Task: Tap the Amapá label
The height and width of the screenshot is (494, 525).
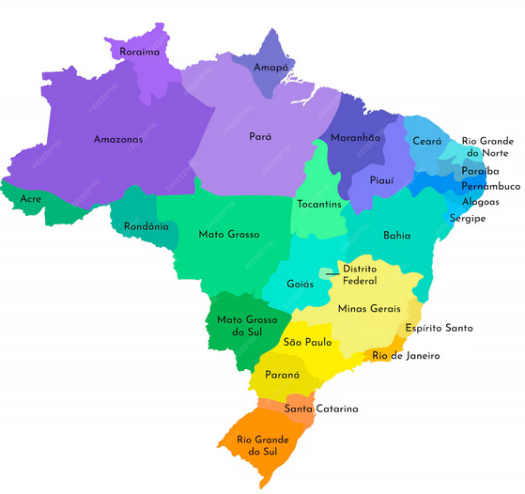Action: point(271,68)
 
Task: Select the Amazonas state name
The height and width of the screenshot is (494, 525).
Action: point(118,140)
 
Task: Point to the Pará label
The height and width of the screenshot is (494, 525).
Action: point(260,136)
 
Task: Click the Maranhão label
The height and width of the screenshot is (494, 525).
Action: point(356,138)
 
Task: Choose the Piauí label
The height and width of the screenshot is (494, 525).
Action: point(380,179)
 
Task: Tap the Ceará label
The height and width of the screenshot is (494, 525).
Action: point(427,141)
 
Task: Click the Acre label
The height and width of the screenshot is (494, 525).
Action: point(31,199)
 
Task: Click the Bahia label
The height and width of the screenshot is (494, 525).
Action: point(396,236)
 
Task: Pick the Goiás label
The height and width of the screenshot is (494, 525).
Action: point(300,283)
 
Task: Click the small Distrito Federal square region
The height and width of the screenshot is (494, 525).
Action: point(325,273)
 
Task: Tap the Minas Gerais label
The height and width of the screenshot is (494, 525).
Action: point(369,308)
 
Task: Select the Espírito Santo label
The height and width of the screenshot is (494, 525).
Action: point(439,329)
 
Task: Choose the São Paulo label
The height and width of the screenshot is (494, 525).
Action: point(305,343)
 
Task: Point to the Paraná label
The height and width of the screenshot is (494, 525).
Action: point(282,375)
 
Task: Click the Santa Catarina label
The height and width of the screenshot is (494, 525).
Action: point(321,409)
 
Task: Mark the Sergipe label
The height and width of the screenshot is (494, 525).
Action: point(467,218)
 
